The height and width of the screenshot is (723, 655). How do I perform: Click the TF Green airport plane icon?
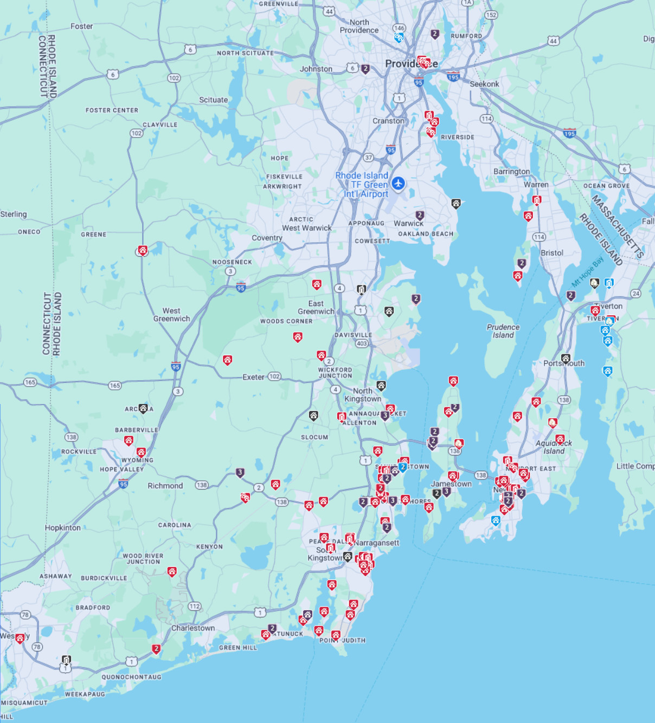(398, 184)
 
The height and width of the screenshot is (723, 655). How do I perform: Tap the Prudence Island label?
(503, 331)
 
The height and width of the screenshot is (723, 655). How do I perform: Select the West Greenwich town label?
(171, 315)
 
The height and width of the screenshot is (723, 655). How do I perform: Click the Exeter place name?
(253, 377)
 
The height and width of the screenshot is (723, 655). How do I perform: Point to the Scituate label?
(213, 100)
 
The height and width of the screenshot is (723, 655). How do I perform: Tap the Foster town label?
(81, 26)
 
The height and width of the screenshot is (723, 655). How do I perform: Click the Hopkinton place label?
(63, 527)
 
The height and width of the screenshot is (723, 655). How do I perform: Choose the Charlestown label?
(193, 628)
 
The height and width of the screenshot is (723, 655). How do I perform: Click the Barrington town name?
(511, 171)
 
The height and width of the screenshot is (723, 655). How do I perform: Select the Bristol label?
(552, 253)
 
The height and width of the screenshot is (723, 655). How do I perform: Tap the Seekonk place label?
(484, 84)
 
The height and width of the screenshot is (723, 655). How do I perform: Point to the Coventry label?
(267, 238)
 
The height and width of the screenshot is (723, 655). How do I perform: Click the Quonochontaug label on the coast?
(131, 677)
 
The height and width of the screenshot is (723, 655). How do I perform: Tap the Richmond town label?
(165, 486)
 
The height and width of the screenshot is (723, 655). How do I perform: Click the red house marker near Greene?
(142, 250)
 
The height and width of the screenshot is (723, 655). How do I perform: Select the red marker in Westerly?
(20, 638)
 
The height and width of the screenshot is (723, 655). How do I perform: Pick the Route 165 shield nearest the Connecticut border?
(30, 382)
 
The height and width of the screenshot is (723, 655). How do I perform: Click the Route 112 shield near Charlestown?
(195, 607)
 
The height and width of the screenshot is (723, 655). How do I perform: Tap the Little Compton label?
(635, 466)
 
